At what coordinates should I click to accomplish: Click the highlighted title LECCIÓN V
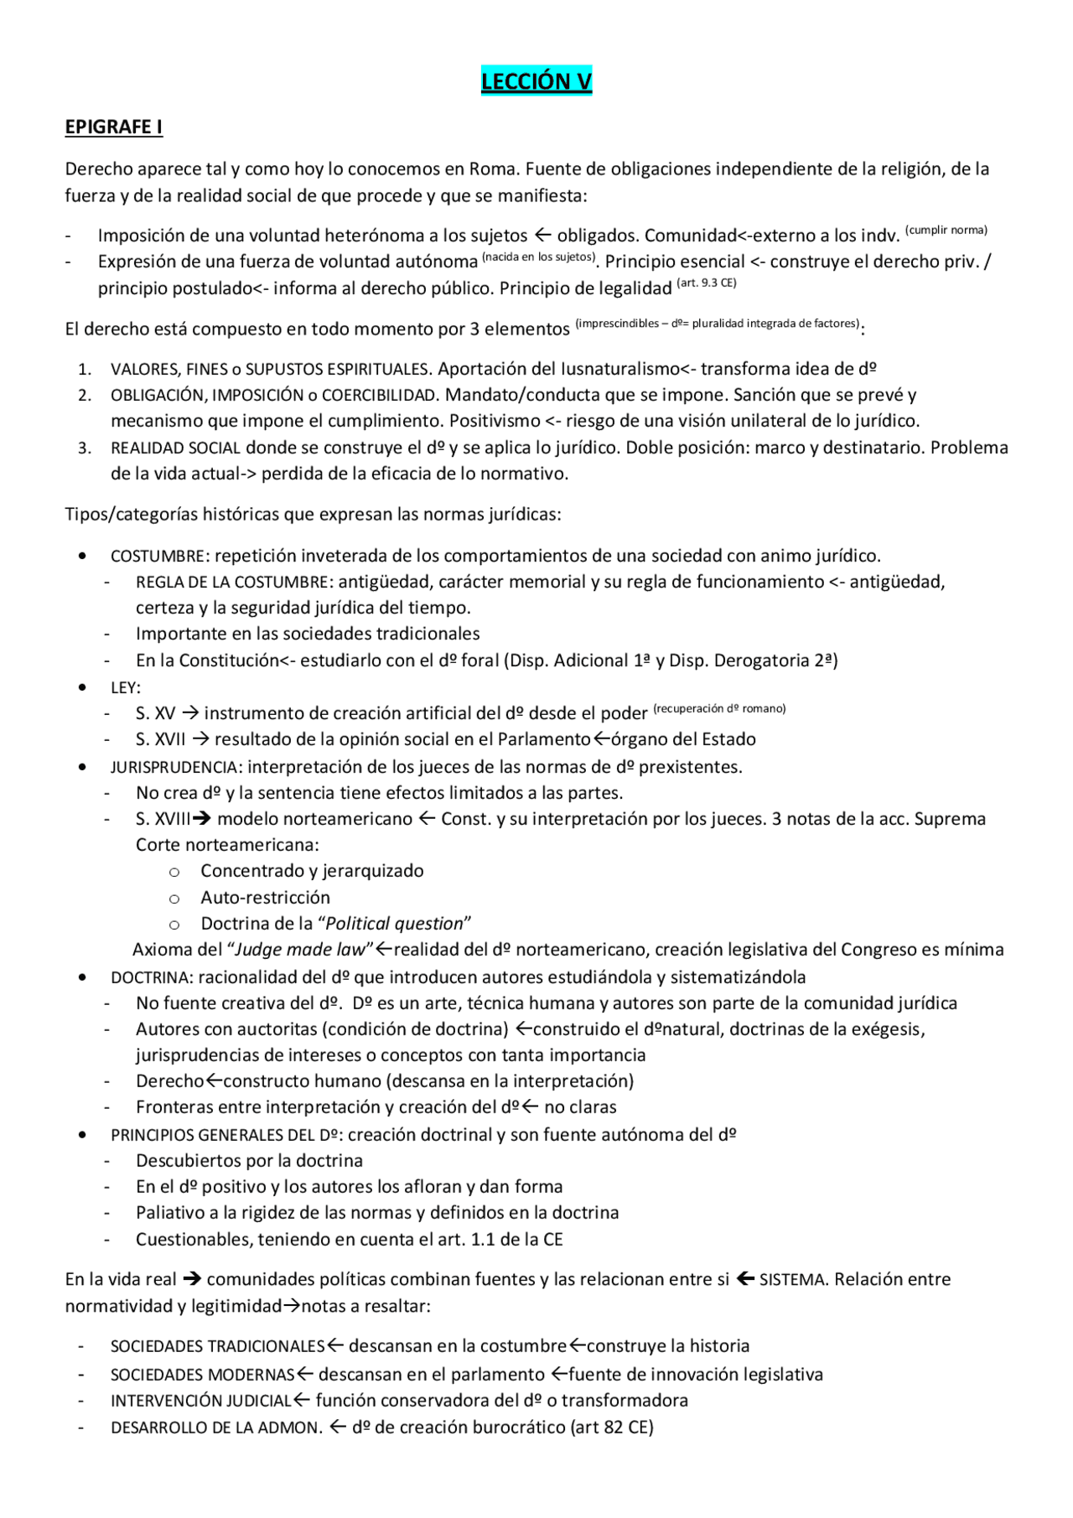click(x=536, y=81)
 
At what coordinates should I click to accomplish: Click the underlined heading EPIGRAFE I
click(x=114, y=127)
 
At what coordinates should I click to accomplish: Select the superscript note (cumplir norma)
click(x=946, y=231)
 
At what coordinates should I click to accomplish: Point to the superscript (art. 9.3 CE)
click(x=707, y=283)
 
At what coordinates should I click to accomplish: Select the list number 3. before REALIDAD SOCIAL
click(x=85, y=448)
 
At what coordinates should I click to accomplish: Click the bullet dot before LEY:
click(x=81, y=687)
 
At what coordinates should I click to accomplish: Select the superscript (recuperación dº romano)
click(x=719, y=709)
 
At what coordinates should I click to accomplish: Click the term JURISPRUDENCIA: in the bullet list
click(x=176, y=768)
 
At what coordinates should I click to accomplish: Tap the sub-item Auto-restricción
click(x=265, y=898)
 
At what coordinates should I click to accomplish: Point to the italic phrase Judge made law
click(x=301, y=950)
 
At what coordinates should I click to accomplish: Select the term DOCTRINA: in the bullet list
click(x=152, y=978)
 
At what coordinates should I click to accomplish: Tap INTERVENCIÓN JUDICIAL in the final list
click(x=200, y=1401)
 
